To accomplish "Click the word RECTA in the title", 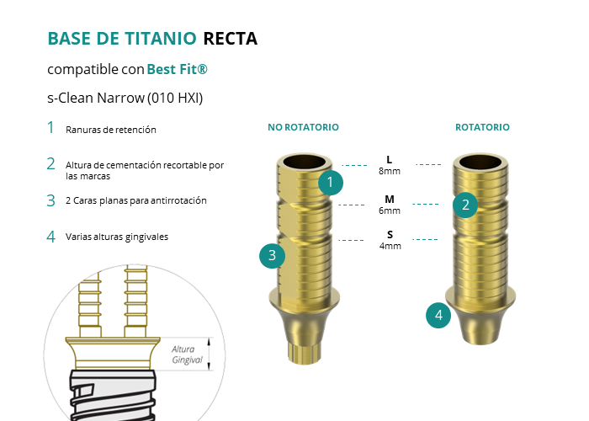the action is tap(231, 39).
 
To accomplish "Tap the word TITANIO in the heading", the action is tap(161, 39).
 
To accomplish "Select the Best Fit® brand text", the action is tap(177, 69).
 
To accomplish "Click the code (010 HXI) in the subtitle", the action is tap(175, 99).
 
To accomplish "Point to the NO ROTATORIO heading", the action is tap(303, 127).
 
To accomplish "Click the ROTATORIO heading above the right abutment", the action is tap(482, 127).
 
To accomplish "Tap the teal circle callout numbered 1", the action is tap(331, 183).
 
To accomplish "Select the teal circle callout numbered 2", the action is tap(465, 205).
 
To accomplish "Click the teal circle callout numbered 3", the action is tap(273, 256).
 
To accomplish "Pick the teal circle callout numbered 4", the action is tap(438, 315).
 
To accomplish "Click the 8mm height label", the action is tap(390, 171).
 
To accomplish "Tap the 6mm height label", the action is tap(390, 210).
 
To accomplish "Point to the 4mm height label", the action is tap(390, 246).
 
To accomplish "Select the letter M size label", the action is tap(390, 199).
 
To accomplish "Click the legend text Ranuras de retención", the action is tap(111, 130).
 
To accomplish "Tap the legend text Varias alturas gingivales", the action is tap(117, 237).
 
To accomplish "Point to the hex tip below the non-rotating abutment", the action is tap(305, 353).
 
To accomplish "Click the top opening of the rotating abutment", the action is tap(480, 162).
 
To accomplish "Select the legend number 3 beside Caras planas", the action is tap(51, 200).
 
